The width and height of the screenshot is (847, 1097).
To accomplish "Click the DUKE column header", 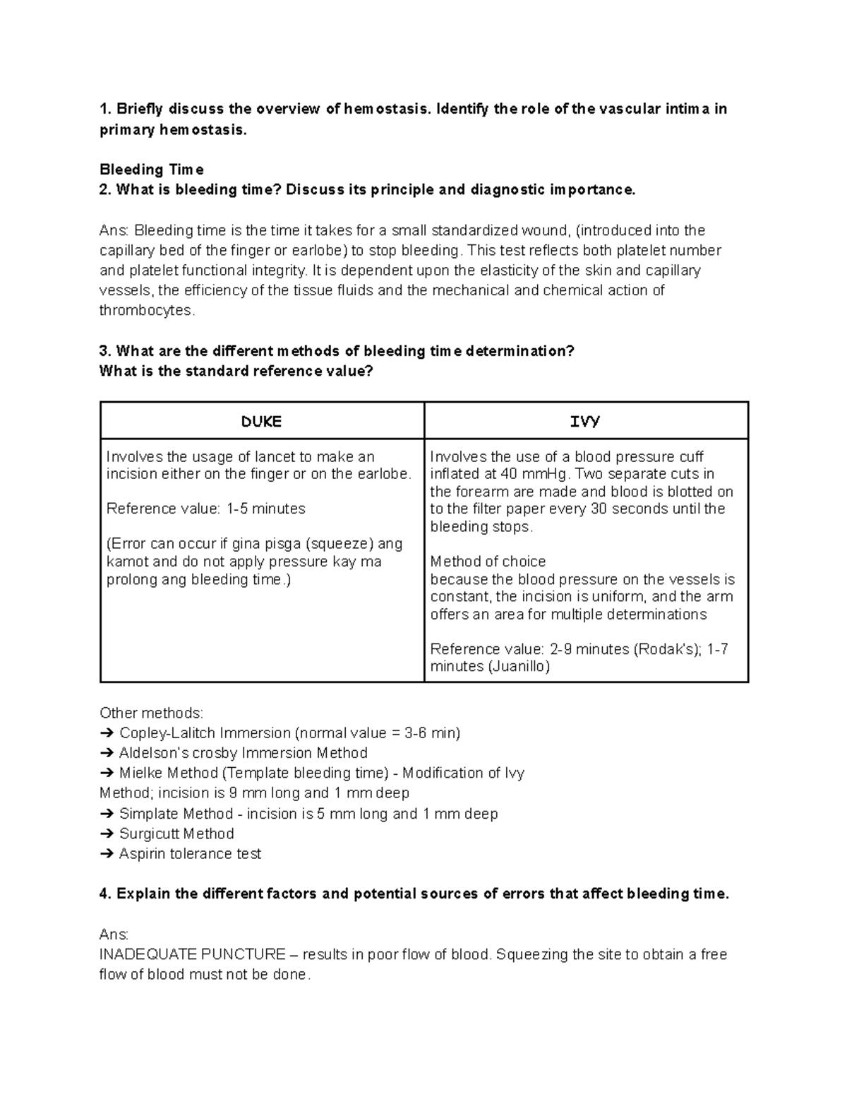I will click(x=261, y=422).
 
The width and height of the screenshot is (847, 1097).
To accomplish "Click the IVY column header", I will click(x=585, y=422).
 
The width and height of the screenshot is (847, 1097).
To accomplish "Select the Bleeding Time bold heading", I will click(x=152, y=170).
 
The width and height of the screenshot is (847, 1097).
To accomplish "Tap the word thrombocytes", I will click(x=145, y=310).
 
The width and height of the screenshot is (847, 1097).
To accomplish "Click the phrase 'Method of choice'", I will click(x=488, y=562).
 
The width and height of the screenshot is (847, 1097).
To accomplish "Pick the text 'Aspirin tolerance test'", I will click(x=190, y=854).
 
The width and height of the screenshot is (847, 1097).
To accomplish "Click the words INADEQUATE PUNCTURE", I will click(x=192, y=954).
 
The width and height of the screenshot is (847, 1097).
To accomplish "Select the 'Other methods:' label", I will click(x=151, y=713).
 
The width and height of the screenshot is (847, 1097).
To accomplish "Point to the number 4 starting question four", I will click(x=104, y=894).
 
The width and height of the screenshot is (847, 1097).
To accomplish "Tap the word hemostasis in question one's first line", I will click(x=385, y=109).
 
